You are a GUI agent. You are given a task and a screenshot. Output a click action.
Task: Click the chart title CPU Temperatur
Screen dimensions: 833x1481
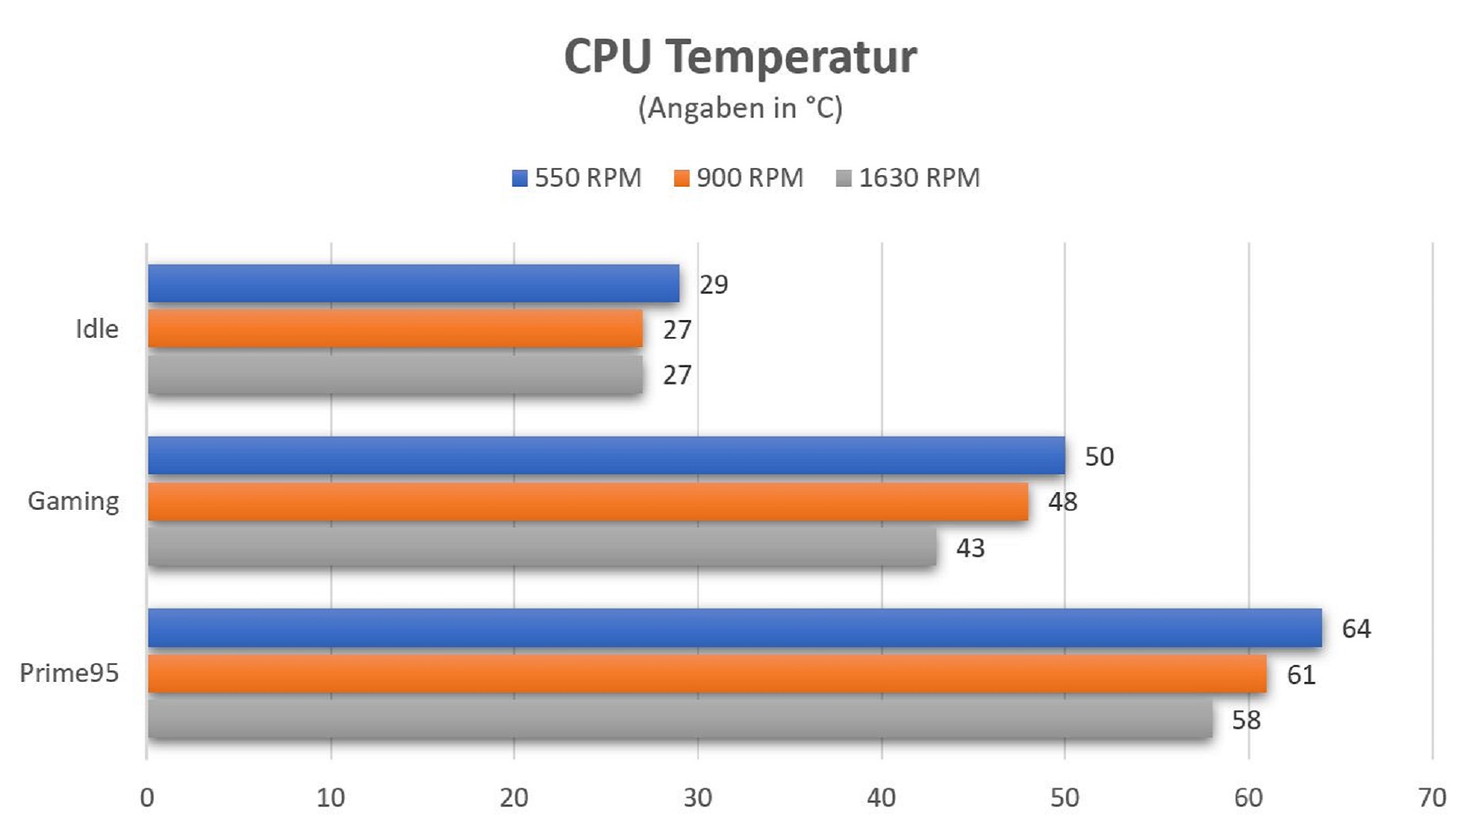[x=740, y=56]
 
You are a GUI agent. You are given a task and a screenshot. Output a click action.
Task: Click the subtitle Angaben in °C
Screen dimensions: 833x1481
[x=740, y=108]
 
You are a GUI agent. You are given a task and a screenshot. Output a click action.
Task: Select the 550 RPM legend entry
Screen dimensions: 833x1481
[x=577, y=178]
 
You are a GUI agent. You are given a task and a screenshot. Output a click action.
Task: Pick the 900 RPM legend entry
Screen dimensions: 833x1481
[x=739, y=178]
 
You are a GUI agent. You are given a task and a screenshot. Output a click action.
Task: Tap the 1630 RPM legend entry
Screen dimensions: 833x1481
[x=908, y=178]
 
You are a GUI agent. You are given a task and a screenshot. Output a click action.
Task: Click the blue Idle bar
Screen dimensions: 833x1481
[x=413, y=284]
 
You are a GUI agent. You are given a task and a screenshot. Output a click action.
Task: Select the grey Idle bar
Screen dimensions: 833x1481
[x=395, y=375]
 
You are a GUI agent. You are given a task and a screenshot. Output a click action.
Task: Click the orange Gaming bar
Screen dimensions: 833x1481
[x=588, y=502]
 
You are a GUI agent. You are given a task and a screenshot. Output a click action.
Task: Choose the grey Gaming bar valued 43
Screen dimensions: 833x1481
[x=541, y=548]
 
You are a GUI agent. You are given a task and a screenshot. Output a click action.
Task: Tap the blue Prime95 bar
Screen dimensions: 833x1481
[x=734, y=628]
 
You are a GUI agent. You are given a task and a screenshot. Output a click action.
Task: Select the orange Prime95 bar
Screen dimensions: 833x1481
[x=707, y=674]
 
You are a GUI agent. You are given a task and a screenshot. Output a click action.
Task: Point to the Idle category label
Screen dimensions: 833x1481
[x=97, y=329]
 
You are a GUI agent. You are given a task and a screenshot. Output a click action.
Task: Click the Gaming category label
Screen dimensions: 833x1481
[x=73, y=501]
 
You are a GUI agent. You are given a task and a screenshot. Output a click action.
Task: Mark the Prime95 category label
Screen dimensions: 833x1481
[x=69, y=673]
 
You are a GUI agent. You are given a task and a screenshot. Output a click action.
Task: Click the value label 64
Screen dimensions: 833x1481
[x=1356, y=629]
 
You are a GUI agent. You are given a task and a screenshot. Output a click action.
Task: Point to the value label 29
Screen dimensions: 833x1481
[x=714, y=285]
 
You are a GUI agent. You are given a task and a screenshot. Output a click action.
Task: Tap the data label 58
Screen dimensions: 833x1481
[x=1246, y=720]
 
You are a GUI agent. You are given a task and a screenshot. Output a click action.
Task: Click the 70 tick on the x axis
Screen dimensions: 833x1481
[x=1432, y=798]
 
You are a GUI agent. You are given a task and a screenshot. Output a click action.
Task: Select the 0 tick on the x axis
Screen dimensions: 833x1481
[x=147, y=798]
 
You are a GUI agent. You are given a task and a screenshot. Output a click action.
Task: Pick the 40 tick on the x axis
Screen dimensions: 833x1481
[x=881, y=798]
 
